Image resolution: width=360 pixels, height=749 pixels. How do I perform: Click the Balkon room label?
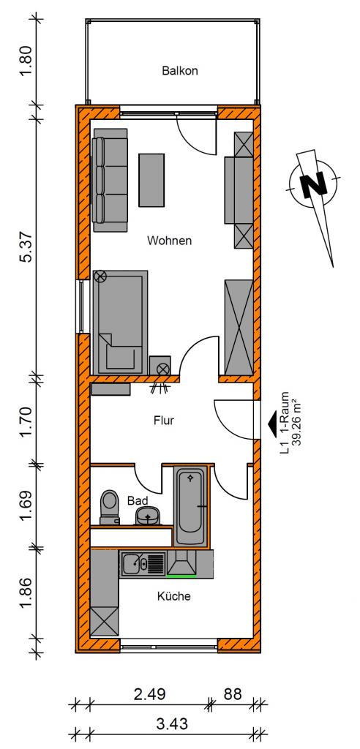point(180,71)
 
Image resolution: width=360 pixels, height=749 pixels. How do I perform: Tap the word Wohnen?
point(169,240)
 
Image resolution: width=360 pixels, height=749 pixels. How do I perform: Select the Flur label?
point(163,421)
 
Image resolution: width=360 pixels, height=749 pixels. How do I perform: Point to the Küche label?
point(174,596)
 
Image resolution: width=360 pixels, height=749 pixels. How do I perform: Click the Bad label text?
point(138,500)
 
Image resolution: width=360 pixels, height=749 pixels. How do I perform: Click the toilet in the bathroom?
point(110,506)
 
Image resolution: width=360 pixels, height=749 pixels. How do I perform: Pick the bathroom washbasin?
point(149,516)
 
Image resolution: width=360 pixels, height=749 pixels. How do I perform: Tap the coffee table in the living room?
point(151,180)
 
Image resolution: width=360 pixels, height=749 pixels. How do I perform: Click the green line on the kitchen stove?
point(181,576)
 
